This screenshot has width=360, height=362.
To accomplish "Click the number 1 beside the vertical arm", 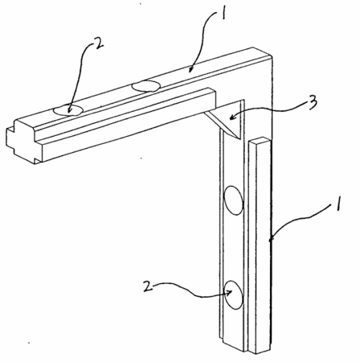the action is (x=339, y=204).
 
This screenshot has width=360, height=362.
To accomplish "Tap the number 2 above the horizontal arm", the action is (x=98, y=43).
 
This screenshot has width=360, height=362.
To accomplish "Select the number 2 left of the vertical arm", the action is (x=148, y=286).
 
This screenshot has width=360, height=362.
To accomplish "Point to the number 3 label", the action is (x=313, y=103).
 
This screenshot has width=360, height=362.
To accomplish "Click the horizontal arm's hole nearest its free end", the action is (x=68, y=110).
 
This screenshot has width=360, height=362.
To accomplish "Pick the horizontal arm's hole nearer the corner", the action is (x=146, y=86).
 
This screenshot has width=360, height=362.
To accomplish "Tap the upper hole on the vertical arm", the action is (x=234, y=200).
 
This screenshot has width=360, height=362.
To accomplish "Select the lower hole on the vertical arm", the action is (x=234, y=294).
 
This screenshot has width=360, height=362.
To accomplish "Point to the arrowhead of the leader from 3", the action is (x=232, y=117).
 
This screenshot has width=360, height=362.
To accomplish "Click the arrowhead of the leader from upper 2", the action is (x=69, y=110).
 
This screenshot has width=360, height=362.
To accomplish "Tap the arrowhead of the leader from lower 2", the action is (x=229, y=293).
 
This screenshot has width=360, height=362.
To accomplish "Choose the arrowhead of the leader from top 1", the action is (x=190, y=69).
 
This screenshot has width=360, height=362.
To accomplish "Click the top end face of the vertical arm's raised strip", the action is (x=259, y=141).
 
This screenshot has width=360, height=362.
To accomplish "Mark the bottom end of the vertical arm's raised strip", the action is (x=259, y=351).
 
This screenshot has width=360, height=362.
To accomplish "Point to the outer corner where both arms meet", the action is (x=272, y=57).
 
